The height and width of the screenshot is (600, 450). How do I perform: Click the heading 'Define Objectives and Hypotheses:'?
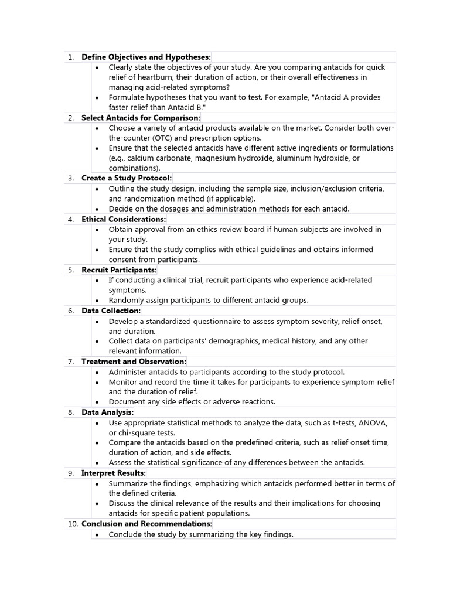(x=146, y=57)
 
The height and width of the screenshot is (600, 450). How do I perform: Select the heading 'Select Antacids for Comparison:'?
(x=141, y=118)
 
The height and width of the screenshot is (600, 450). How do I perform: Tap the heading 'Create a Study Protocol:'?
(x=127, y=178)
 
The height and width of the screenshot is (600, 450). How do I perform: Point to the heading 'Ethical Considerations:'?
(x=124, y=219)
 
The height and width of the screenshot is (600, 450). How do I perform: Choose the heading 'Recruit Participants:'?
(x=119, y=270)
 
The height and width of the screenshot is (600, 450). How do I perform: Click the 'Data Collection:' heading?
(x=111, y=311)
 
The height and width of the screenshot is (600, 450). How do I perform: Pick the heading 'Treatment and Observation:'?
(x=134, y=362)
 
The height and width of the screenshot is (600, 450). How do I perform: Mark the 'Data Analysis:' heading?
(x=107, y=412)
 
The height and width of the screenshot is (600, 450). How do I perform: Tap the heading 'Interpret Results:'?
(x=114, y=473)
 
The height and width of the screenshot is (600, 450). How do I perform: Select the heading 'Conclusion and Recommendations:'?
(x=146, y=523)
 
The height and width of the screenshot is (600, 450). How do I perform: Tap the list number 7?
(x=70, y=362)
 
